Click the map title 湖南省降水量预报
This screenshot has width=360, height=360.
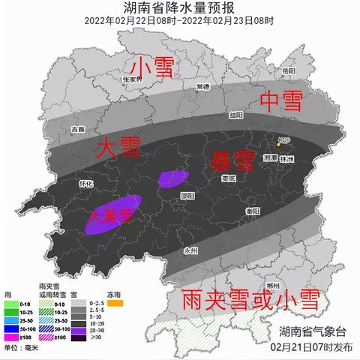coord(179,8)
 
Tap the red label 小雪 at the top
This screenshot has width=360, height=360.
coord(153,67)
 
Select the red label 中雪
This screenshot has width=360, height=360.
coord(278,100)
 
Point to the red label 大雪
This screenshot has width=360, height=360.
coord(119,148)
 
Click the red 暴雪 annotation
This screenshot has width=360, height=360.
coord(231,159)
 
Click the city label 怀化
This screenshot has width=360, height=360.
coord(86,182)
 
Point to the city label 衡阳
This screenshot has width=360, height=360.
coord(253,211)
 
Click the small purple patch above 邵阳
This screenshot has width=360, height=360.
coord(173,177)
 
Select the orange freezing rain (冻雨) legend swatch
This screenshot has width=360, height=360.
coord(115,304)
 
